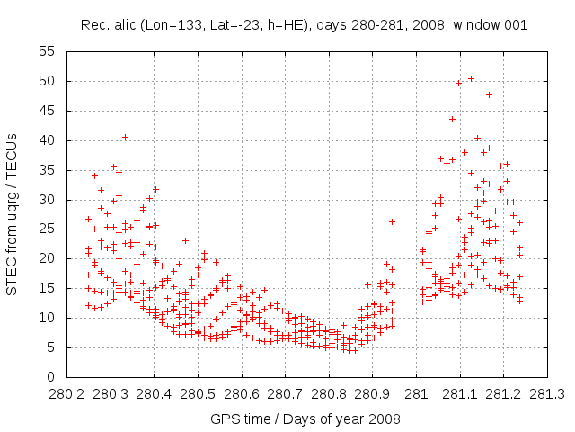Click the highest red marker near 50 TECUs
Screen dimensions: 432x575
pos(471,78)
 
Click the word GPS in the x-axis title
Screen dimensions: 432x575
pos(224,418)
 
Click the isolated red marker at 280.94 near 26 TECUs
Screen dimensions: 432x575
pos(392,221)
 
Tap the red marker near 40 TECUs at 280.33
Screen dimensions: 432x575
pos(125,138)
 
